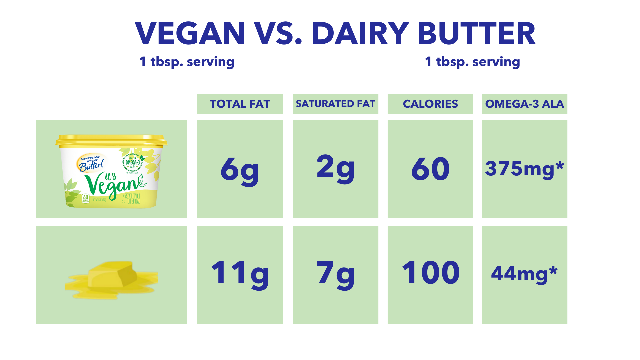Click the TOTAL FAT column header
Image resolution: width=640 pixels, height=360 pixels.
tap(240, 104)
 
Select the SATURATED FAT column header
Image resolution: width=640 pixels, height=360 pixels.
tap(335, 104)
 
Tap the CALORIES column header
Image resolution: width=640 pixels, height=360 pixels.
tap(430, 104)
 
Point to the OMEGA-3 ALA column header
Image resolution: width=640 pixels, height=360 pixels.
tap(524, 104)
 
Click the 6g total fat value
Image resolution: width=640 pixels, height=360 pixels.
tap(240, 169)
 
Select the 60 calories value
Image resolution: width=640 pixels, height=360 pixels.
tap(430, 169)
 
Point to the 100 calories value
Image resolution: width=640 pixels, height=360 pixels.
tap(430, 273)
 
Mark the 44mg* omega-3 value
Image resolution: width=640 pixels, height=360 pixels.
tap(524, 274)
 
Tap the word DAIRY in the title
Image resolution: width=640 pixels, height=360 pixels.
tap(360, 33)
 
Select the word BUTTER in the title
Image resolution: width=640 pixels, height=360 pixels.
tap(476, 33)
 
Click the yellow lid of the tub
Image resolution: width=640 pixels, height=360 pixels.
tap(111, 140)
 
